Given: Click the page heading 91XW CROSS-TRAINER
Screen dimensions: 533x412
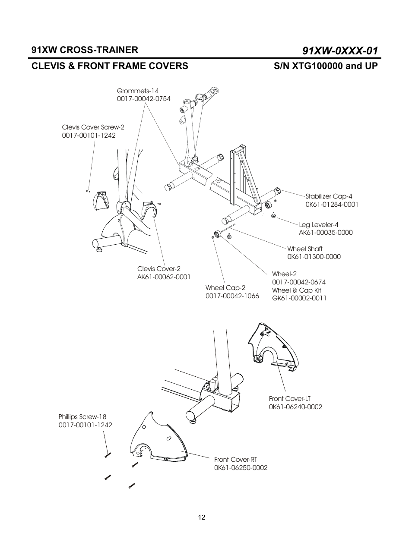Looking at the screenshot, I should point(85,50).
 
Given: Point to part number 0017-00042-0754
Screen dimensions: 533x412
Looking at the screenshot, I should point(143,99).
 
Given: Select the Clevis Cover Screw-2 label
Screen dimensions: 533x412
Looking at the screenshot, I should point(93,127).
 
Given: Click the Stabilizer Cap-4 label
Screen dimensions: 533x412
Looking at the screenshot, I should point(329,196).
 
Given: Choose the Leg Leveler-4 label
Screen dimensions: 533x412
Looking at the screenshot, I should point(319,224).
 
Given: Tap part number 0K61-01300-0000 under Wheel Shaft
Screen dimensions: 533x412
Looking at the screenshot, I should point(314,257).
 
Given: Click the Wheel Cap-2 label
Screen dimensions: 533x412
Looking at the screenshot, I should point(225,288).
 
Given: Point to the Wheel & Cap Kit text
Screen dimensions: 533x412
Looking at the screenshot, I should point(296,290).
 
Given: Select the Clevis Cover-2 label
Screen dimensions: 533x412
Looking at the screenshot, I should point(159,269).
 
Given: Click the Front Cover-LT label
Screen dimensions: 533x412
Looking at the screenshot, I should point(289,399).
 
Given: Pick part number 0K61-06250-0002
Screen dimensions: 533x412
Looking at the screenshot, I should point(241,468).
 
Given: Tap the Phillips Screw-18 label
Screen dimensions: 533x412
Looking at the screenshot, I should point(82,417).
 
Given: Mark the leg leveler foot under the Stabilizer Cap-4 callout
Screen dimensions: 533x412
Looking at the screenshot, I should point(273,215).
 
